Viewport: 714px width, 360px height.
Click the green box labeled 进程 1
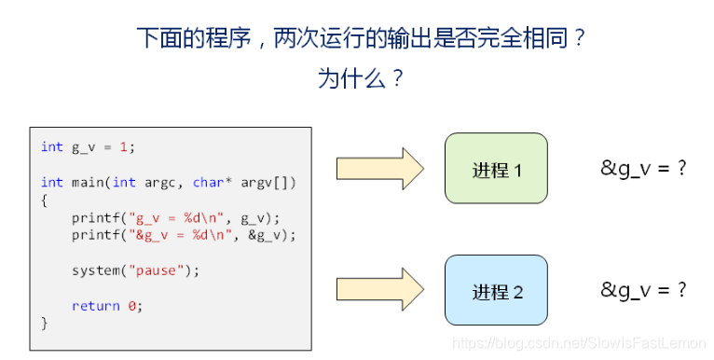tap(495, 169)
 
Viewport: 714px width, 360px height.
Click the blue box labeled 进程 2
tap(495, 290)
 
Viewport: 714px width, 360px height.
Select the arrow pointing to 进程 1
tap(379, 169)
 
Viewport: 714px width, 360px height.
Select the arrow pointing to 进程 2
tap(379, 290)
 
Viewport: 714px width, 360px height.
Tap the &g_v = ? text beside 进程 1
tap(643, 169)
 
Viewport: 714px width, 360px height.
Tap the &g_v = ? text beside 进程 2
tap(643, 290)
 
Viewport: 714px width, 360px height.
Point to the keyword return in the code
tap(95, 306)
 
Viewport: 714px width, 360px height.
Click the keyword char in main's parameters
tap(208, 182)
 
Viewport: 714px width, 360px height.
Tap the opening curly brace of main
tap(44, 200)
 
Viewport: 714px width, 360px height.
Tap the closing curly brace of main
tap(44, 323)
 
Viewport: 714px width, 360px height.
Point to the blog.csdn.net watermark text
tap(577, 343)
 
